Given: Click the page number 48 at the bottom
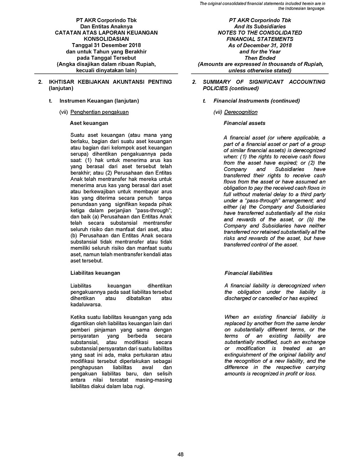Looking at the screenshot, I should [x=180, y=454].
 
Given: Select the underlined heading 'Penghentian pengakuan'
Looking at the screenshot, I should [x=99, y=112].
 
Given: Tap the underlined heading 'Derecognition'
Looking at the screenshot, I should [x=241, y=112].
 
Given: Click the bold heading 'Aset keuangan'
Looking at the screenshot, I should [x=89, y=123].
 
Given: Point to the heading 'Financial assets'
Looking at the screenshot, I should [x=244, y=123].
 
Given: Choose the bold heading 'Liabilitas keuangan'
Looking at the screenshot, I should [x=95, y=273].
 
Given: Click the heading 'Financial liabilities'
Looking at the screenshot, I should [x=248, y=273].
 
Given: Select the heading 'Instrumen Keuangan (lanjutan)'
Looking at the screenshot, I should [x=99, y=101].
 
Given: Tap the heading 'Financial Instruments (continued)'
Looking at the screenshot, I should [x=256, y=101].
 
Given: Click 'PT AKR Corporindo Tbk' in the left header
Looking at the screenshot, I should [x=106, y=20].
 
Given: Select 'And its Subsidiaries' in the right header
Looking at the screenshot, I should [x=260, y=27].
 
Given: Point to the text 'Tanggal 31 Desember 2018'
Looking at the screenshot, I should [x=106, y=45].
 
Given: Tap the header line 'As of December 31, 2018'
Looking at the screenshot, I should [x=260, y=45].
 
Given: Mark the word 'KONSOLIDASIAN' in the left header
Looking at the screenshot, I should [x=106, y=39].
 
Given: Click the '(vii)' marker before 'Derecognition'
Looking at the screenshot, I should [x=218, y=112].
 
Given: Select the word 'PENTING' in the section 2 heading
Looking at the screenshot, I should [x=159, y=82].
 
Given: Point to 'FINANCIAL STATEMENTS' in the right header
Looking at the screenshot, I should [x=260, y=39].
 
